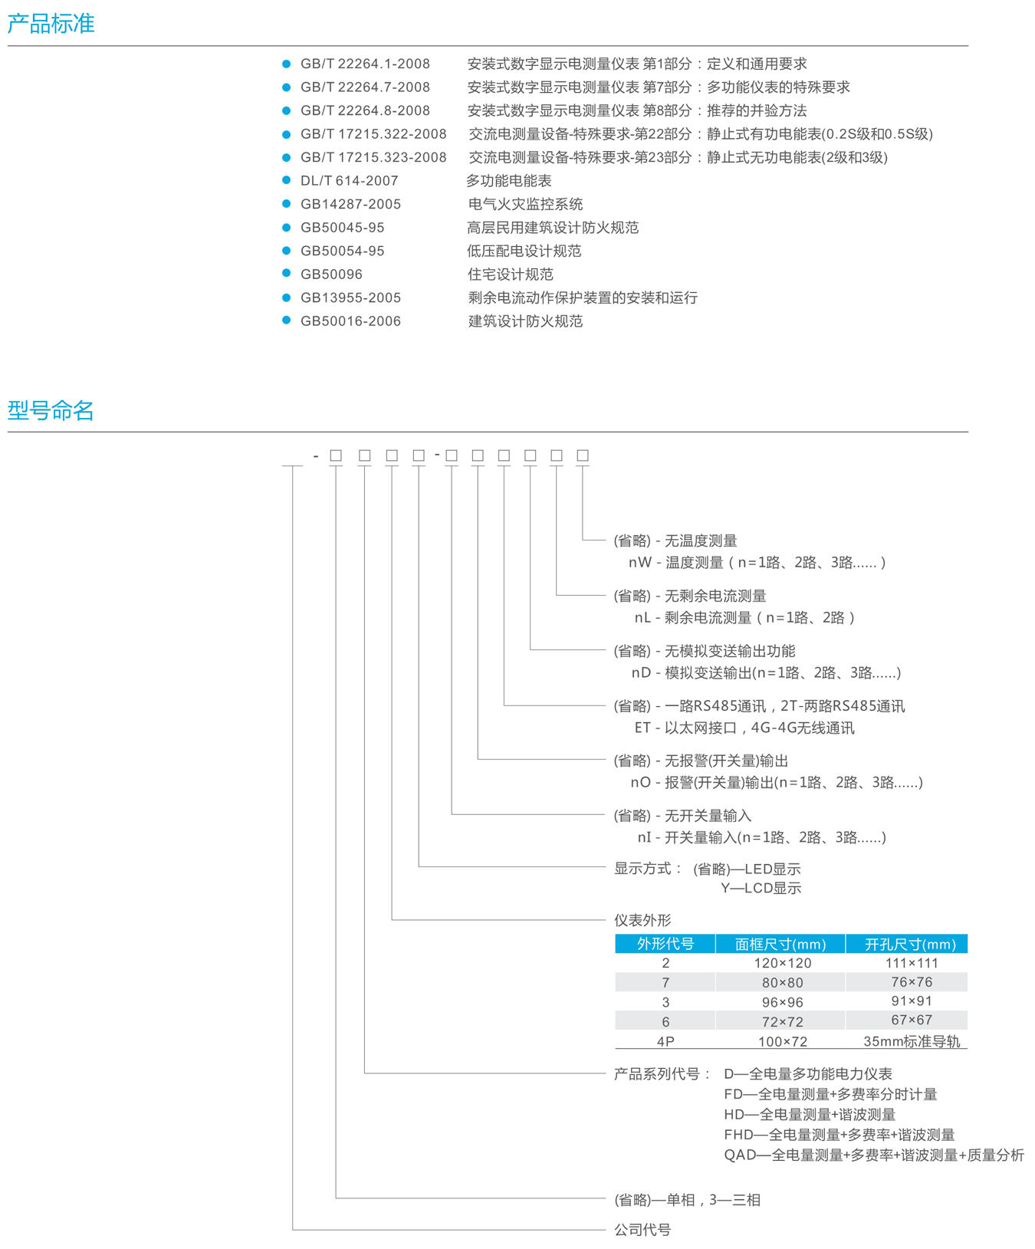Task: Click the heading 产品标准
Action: coord(51,24)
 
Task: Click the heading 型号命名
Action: coord(51,411)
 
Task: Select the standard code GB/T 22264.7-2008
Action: coord(365,87)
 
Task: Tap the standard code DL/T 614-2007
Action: coord(349,181)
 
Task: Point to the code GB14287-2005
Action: coord(350,204)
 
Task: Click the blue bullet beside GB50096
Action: coord(286,274)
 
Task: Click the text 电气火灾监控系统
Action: coord(525,204)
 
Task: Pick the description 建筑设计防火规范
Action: coord(525,321)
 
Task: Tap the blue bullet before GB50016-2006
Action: coord(286,320)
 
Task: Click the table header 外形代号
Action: coord(665,944)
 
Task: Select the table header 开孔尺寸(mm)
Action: coord(910,944)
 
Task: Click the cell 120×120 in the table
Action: coord(781,963)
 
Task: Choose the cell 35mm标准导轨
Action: coord(911,1041)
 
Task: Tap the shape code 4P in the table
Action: coord(665,1041)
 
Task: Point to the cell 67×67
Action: coord(911,1021)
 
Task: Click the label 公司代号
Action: coord(642,1230)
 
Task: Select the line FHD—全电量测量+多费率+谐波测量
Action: coord(839,1135)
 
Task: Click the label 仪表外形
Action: coord(642,920)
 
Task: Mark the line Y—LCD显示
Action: coord(761,889)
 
